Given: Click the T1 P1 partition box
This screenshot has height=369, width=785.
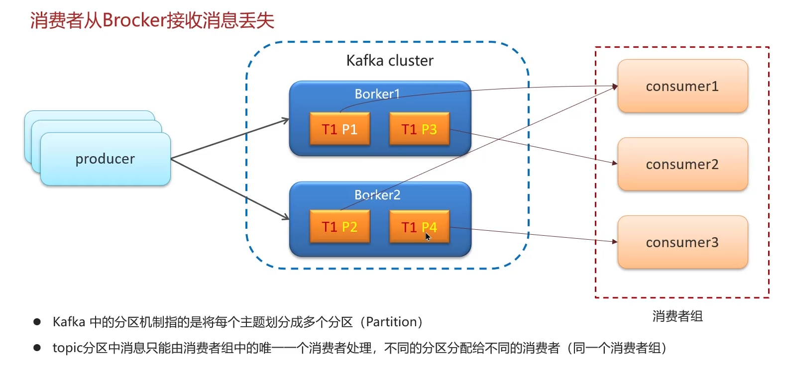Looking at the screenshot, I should coord(339,129).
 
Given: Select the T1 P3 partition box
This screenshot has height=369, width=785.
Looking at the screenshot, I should coord(419,129).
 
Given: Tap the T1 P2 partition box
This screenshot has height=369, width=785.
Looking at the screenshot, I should coord(339,227).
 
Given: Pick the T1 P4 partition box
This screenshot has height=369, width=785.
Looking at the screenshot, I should coord(419,227).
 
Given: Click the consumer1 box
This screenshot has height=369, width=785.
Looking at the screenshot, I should coord(682,86).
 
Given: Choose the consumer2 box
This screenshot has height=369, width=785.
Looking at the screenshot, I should coord(682,164).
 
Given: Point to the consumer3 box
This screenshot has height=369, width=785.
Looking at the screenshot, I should coord(682,242).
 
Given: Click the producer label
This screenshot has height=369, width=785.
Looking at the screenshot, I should coord(105,159).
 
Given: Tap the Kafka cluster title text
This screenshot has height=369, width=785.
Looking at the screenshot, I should coord(390,61).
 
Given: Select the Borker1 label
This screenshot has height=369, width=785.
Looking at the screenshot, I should coord(377,94).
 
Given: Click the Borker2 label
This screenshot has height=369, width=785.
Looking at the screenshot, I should coord(377,195).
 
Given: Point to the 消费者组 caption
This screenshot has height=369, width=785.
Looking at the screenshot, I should coord(677,316).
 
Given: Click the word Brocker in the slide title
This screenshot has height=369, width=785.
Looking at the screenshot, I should coord(134,20).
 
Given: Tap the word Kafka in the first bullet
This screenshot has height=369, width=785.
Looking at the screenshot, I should coord(69,322).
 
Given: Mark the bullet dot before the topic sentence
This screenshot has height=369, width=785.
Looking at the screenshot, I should coord(37,348).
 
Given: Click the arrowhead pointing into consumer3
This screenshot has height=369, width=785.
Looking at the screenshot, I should coord(615,242).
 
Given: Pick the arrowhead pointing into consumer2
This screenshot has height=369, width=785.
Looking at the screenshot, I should coord(615,163).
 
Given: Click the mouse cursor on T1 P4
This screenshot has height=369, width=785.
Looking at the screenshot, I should coord(428,236).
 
